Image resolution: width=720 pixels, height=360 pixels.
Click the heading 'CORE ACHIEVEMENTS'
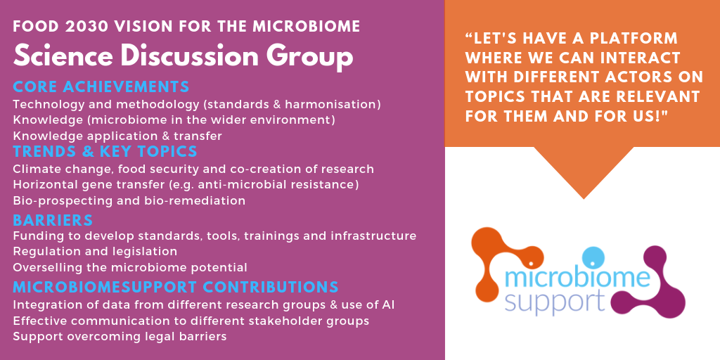coord(101,86)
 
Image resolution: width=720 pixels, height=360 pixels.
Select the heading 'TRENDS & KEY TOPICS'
coord(105,151)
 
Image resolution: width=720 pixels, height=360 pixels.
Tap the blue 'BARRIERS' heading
coord(53,220)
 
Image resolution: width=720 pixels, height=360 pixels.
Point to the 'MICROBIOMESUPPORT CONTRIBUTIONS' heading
coord(176,287)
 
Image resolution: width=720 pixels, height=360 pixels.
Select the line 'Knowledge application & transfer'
coord(117,136)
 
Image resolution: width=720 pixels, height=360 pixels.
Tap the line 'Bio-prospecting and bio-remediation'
coord(129,201)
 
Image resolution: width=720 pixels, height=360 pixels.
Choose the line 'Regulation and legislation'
coord(95,252)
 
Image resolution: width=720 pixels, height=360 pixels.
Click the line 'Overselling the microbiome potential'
coord(130,267)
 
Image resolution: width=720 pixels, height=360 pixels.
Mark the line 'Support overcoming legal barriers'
coord(120,337)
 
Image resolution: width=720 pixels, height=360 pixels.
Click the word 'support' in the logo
coord(554,302)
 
